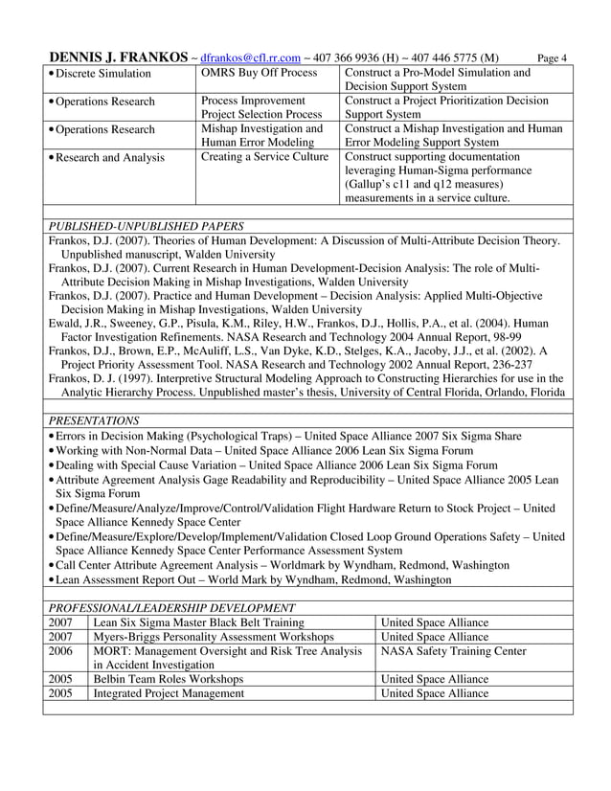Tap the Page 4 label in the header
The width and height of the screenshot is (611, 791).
point(554,58)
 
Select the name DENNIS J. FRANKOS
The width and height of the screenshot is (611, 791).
point(118,56)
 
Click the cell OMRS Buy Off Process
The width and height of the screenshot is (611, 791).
point(259,73)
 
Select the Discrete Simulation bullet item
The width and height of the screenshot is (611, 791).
point(102,74)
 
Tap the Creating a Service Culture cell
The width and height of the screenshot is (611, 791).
point(264,157)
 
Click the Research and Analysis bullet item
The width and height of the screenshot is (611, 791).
point(109,158)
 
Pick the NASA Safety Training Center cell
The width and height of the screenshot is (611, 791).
point(453,650)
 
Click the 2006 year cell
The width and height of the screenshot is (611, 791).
point(59,650)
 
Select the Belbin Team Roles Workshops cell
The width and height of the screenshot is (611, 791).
point(168,679)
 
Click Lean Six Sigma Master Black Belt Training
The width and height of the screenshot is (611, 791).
point(198,622)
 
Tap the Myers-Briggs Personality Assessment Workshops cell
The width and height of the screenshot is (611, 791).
point(213,636)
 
